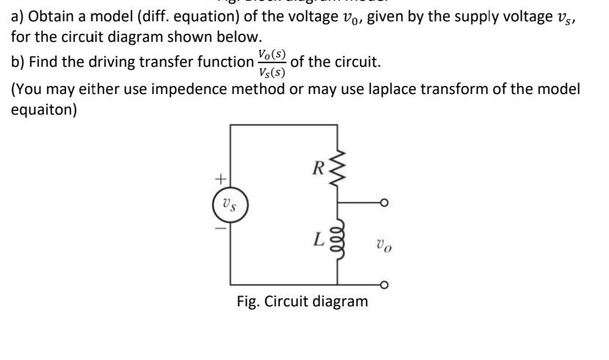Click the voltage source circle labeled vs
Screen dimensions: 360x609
[x=231, y=203]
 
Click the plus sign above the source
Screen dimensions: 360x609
[x=217, y=177]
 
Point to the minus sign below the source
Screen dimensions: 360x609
[x=217, y=228]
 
